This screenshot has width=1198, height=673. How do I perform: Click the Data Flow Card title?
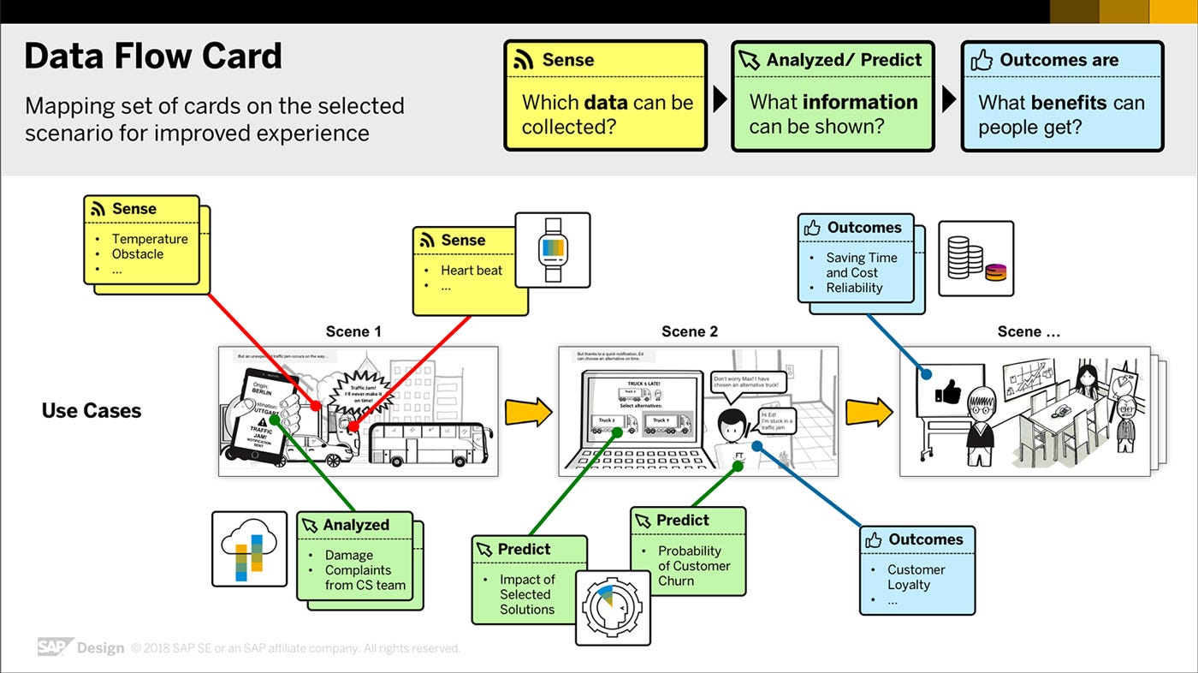coord(153,57)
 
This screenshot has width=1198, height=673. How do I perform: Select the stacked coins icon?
coord(976,259)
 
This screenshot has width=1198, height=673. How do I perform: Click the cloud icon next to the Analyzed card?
coord(249,549)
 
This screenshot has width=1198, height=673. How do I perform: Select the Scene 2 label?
coord(690,331)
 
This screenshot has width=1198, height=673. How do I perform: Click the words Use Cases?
coord(92,411)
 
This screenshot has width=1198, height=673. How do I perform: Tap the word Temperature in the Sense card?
coord(150,239)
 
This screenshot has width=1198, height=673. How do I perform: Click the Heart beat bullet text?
coord(471,271)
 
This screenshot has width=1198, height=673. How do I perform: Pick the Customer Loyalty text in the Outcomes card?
coord(916,577)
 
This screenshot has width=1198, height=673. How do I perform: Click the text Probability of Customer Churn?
coord(693,565)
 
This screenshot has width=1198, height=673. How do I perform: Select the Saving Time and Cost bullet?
coord(861,265)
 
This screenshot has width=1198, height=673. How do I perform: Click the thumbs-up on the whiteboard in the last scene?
coord(948,394)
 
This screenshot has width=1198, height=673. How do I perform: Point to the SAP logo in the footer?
coord(55,647)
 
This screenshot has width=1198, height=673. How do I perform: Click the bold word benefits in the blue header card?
coord(1070,103)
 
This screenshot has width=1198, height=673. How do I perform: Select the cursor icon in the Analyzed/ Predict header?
coord(750,60)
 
